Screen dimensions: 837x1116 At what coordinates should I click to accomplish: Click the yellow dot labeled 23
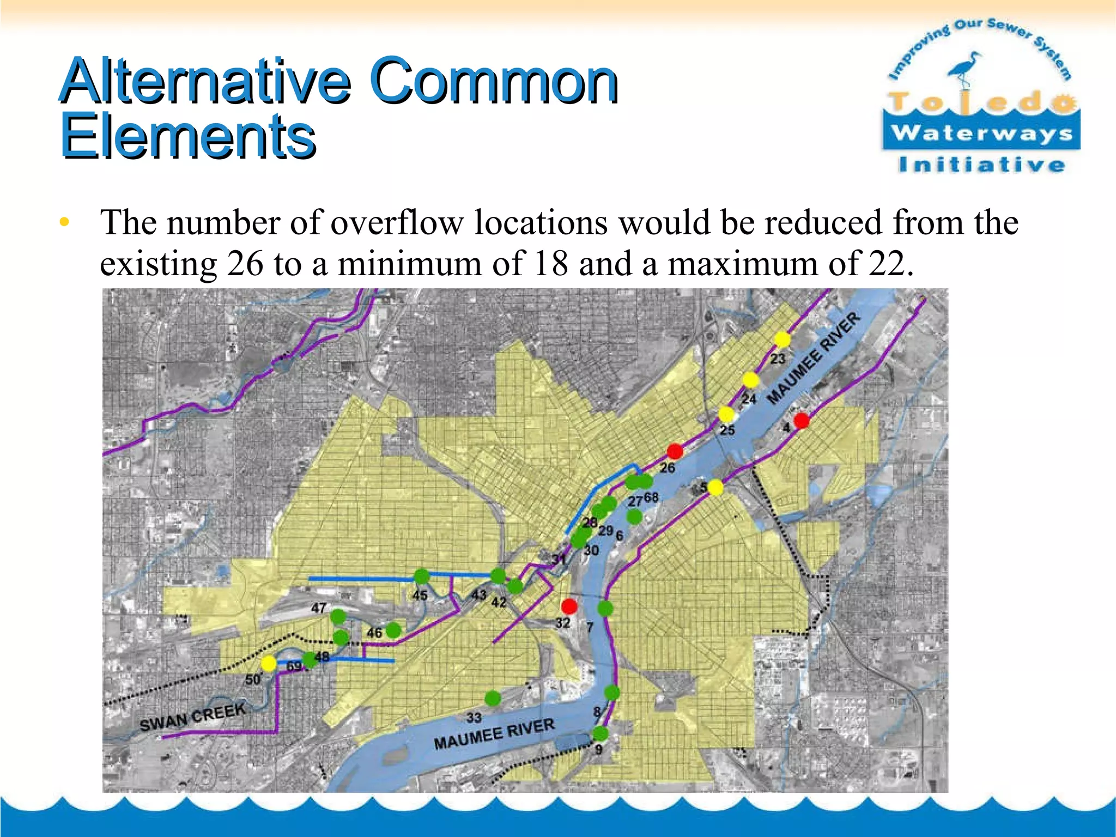[782, 339]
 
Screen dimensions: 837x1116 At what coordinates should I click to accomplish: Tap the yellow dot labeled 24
[751, 380]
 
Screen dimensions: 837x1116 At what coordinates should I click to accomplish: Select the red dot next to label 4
[801, 421]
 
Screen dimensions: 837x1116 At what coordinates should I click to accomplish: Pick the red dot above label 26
[675, 451]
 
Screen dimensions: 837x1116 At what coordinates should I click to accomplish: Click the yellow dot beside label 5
[715, 488]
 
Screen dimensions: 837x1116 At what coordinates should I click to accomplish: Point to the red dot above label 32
[569, 606]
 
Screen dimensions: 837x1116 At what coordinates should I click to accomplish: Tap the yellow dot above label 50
[268, 664]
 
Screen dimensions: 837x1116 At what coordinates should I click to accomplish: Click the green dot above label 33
[493, 698]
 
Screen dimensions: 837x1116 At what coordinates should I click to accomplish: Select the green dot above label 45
[422, 576]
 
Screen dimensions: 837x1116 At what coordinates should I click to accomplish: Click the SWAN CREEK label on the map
[193, 717]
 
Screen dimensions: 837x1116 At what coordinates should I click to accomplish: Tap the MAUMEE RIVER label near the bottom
[494, 733]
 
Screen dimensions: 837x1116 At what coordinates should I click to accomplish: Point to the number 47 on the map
[319, 608]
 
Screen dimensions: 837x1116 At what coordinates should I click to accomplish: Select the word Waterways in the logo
[981, 133]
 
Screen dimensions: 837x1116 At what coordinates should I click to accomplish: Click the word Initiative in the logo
[981, 165]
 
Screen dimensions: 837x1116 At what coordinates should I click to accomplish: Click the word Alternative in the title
[205, 81]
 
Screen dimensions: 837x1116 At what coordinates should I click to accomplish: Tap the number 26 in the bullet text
[245, 264]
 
